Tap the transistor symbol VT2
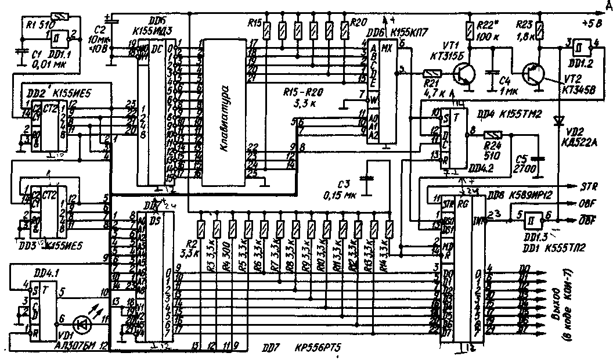pyautogui.click(x=533, y=74)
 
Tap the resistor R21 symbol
pyautogui.click(x=432, y=73)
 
